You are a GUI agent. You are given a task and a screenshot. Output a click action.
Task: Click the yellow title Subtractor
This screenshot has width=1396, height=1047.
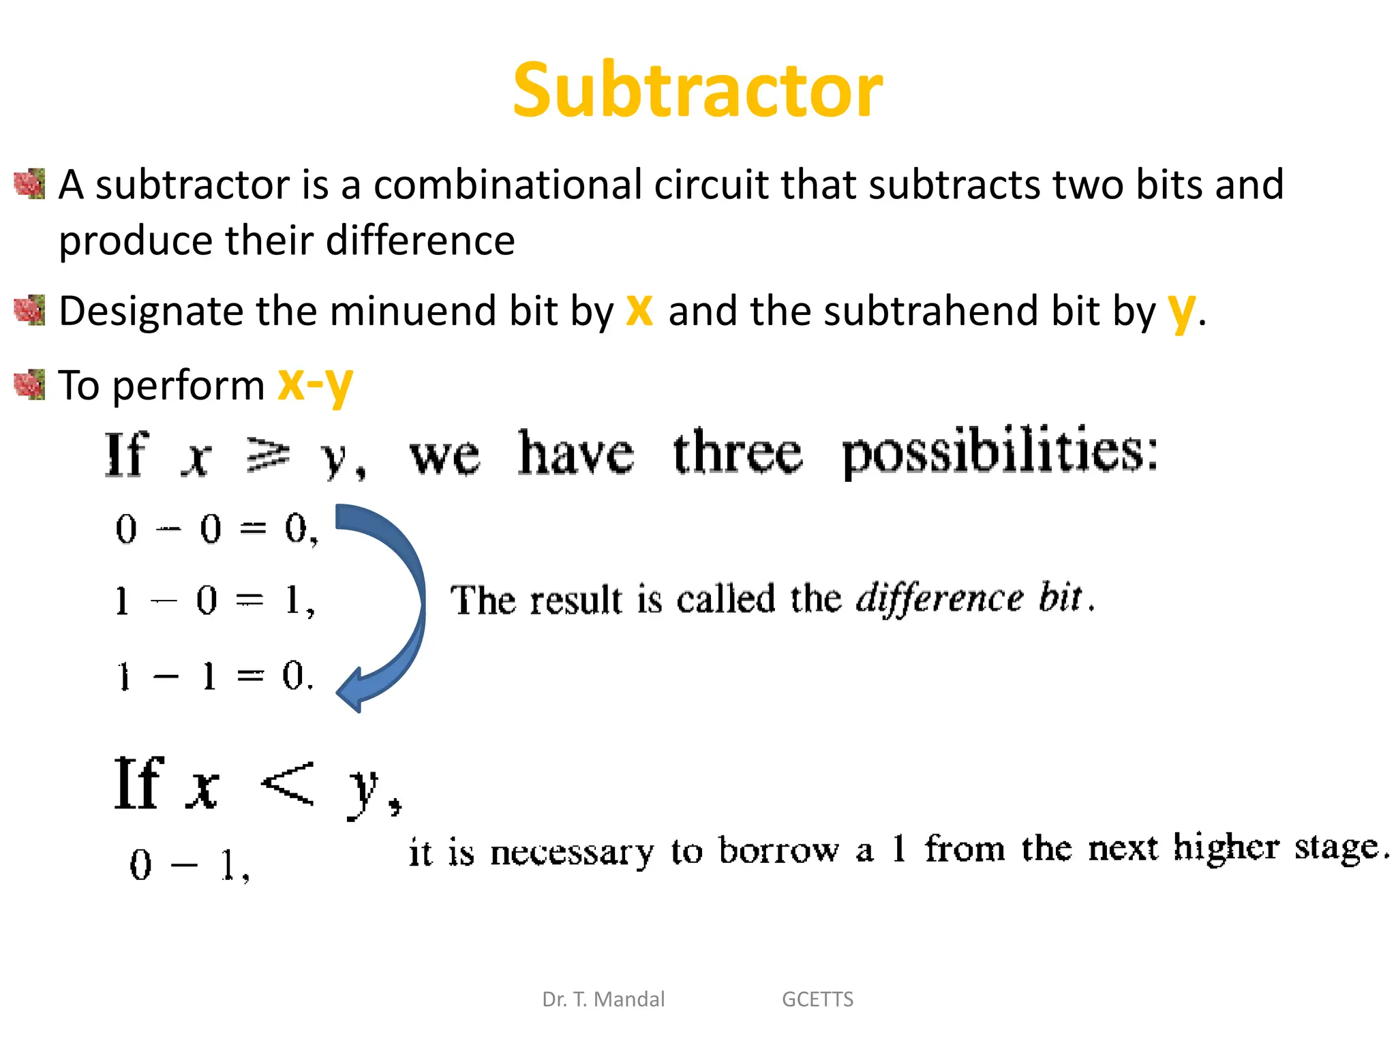point(697,90)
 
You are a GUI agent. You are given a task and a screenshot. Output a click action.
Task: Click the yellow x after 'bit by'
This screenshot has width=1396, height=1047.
point(639,310)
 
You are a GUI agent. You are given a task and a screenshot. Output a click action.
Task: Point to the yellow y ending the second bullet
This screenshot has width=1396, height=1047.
point(1181,312)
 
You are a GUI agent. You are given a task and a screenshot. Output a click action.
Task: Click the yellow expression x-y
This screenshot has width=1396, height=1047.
point(316,385)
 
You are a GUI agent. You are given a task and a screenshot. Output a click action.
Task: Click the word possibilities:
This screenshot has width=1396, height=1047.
point(999,453)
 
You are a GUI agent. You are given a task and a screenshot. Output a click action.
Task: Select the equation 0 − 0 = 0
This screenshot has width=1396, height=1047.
point(216,529)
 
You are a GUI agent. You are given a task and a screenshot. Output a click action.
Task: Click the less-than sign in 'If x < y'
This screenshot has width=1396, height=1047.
point(288,784)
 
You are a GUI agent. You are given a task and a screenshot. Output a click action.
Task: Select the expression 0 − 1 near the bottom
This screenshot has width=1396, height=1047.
point(189,865)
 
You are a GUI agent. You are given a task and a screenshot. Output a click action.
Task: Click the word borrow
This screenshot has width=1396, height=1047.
point(778,851)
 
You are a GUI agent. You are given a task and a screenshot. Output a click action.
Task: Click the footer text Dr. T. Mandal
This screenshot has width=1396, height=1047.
point(603,999)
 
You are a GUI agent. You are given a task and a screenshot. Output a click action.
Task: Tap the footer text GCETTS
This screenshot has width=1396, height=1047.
point(817,999)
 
